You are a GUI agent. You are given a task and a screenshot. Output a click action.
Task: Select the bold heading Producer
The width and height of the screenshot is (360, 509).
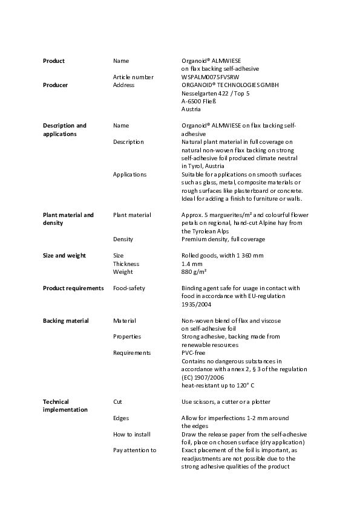(55, 85)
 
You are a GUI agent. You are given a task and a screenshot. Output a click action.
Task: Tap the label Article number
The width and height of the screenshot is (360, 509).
(133, 77)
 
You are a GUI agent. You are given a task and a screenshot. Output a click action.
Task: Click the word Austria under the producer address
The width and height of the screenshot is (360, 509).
(191, 109)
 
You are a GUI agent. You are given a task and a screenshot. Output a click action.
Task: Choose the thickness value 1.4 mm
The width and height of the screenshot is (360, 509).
(192, 264)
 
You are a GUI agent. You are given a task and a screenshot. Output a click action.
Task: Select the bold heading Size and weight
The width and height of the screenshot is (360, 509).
(64, 256)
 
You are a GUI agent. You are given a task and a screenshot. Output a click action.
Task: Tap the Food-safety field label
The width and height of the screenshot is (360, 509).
(129, 288)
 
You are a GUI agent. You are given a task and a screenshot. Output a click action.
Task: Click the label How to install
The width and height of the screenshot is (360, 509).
(132, 435)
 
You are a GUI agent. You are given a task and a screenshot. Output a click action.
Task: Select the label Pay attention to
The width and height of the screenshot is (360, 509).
(135, 450)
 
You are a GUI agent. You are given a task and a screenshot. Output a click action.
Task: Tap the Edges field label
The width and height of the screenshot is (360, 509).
(121, 418)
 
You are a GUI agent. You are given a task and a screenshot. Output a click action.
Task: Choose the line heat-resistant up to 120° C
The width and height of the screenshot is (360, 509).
(218, 385)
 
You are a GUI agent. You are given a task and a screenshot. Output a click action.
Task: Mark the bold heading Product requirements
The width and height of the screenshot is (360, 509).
(73, 288)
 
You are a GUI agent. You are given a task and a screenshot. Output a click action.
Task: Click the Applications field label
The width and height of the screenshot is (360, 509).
(129, 175)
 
